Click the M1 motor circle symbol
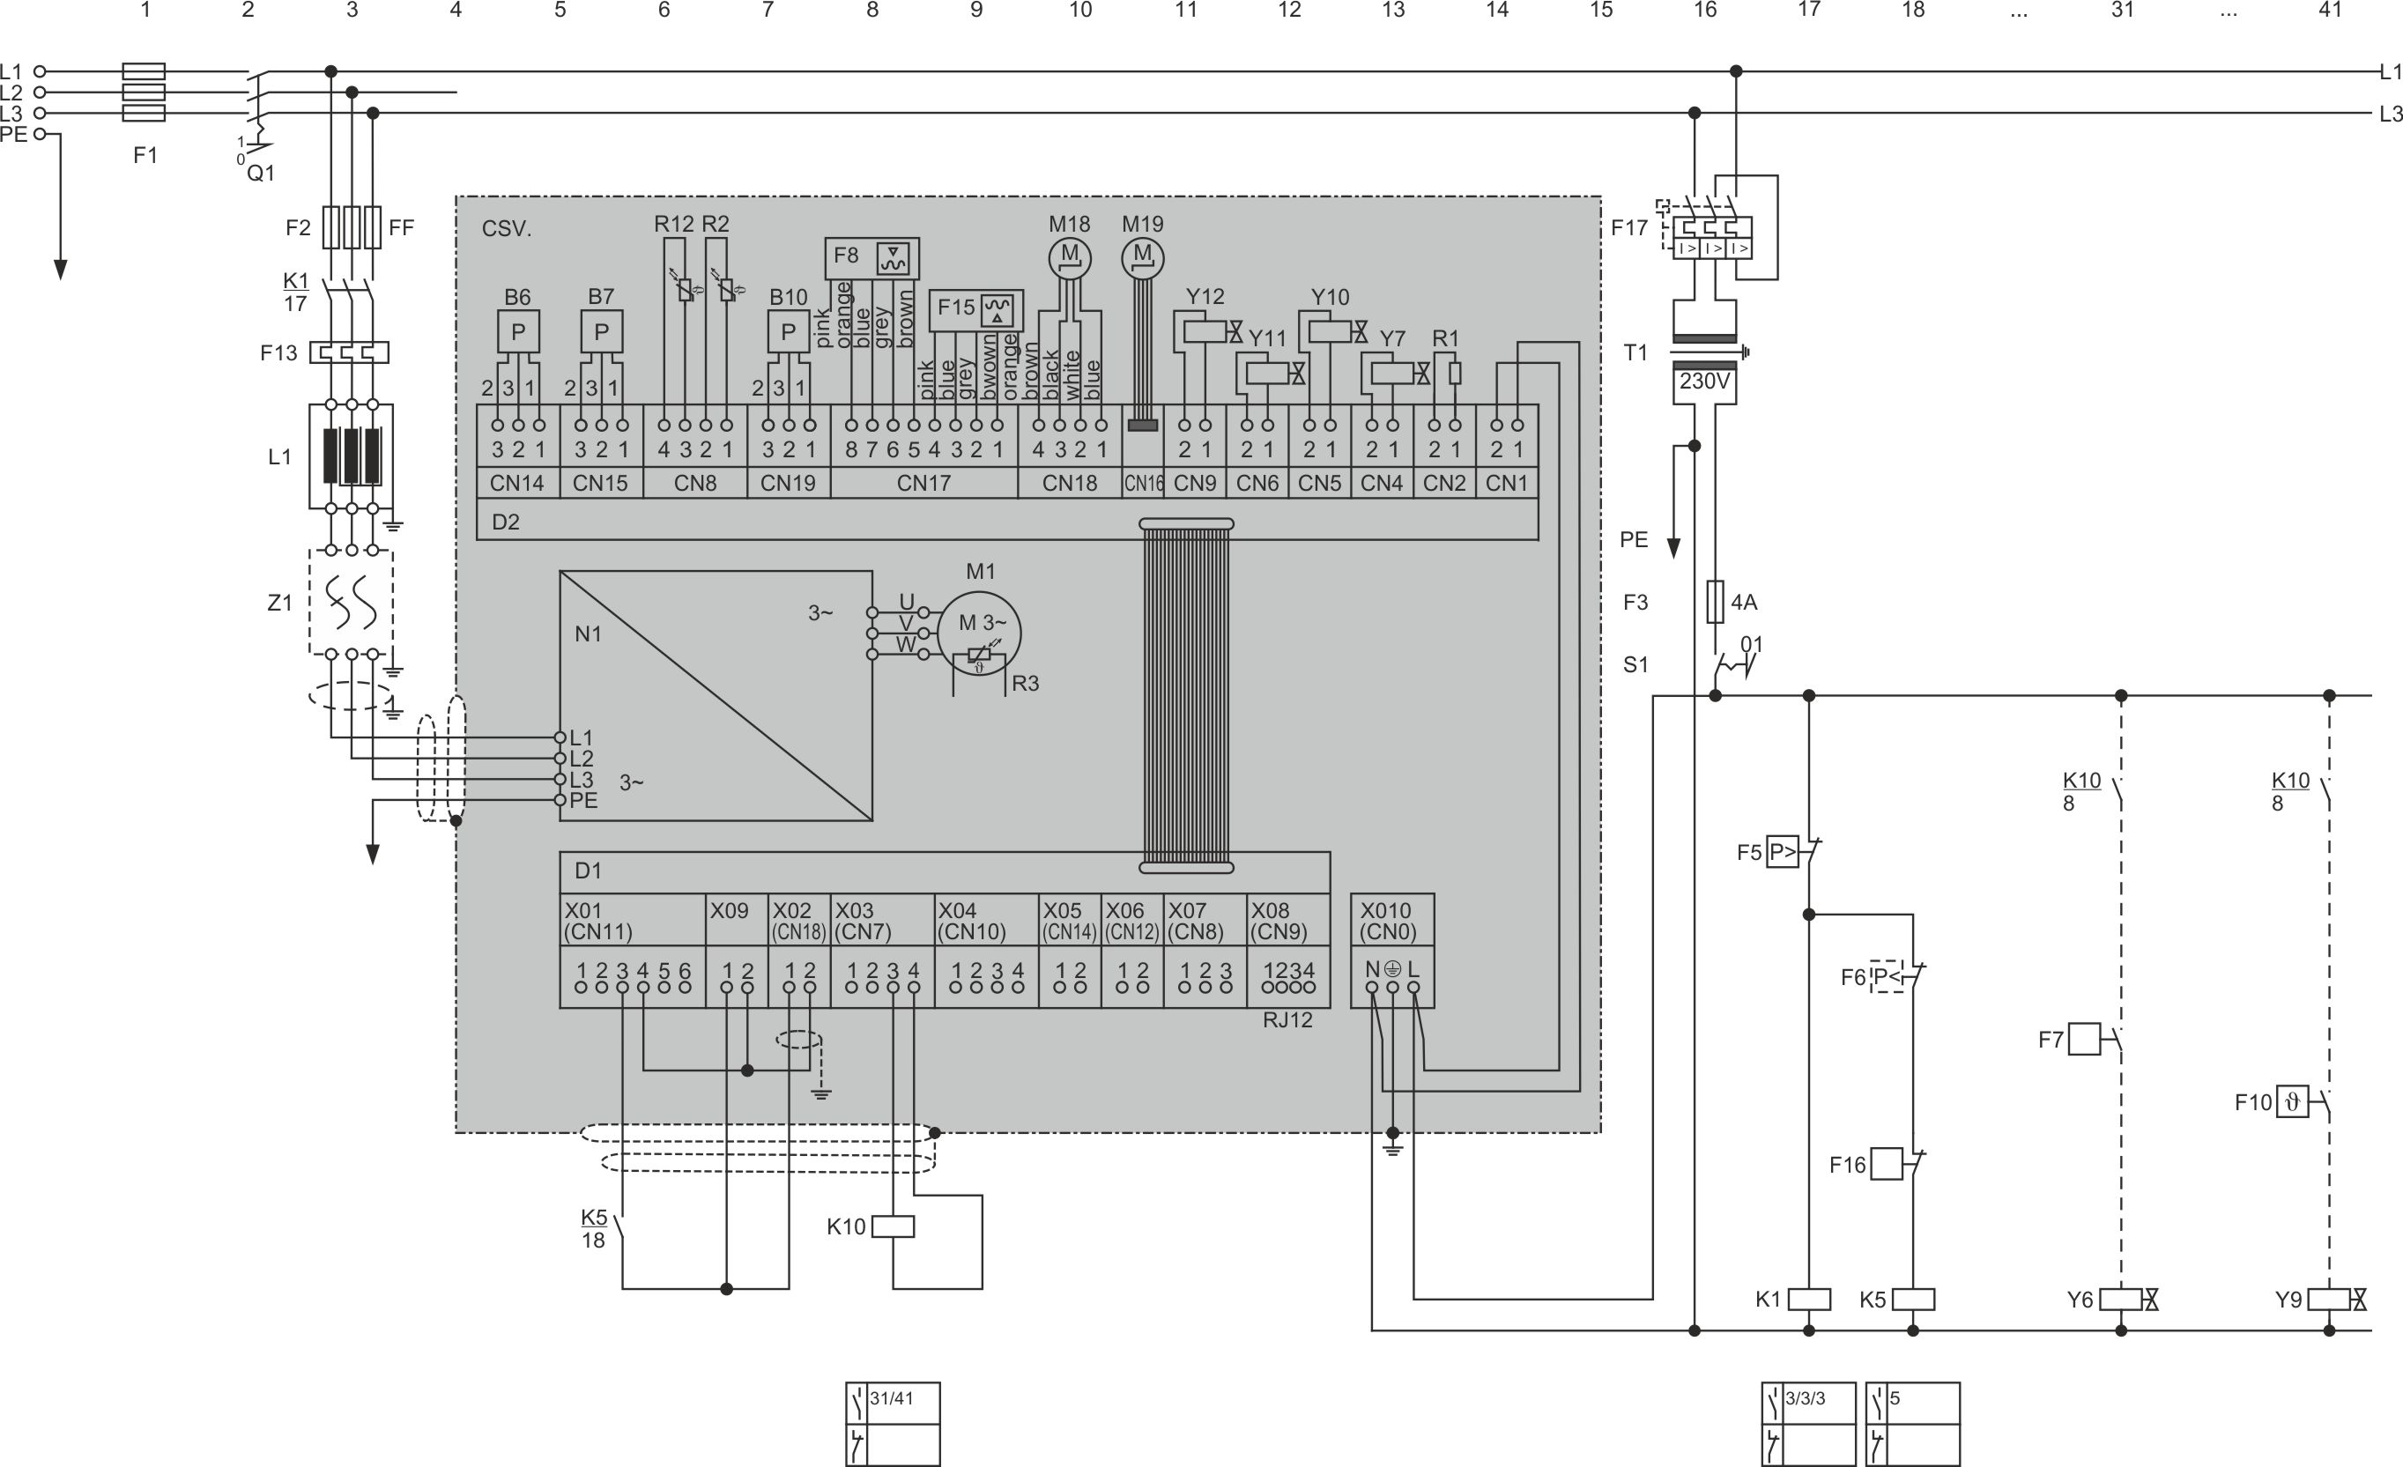979,633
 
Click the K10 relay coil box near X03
893,1226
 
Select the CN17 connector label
923,483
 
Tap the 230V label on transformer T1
1703,382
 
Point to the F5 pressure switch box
1782,853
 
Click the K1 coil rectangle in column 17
1809,1300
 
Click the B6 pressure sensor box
518,331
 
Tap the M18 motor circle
1070,257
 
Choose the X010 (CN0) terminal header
1391,920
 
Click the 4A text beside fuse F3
1744,603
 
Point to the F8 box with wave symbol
871,256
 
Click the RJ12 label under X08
1287,1020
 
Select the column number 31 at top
2122,11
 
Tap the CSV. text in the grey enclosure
506,229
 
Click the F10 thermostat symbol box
2292,1102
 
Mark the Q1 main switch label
260,174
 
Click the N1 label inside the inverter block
588,634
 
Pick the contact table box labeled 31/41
893,1423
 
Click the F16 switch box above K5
1886,1164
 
